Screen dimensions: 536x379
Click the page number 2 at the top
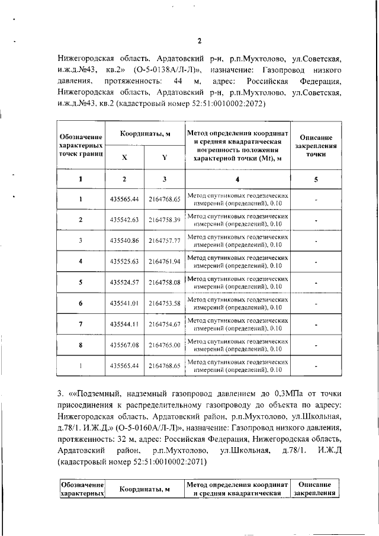tap(199, 41)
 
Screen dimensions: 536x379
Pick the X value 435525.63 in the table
tap(124, 261)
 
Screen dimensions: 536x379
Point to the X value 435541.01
tap(124, 303)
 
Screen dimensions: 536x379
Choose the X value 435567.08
tap(124, 345)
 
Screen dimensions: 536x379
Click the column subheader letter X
tap(124, 158)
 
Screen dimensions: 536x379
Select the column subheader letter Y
tap(164, 158)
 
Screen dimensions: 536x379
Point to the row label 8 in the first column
tap(81, 345)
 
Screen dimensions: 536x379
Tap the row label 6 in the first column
tap(81, 303)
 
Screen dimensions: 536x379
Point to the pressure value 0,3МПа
tap(290, 393)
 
